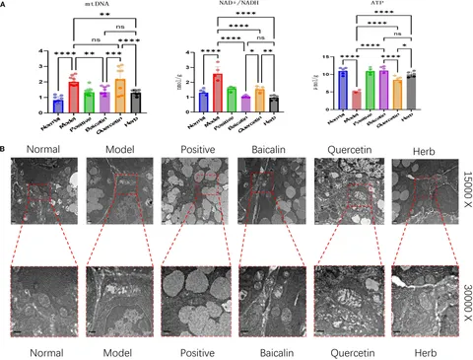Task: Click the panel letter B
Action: pos(6,150)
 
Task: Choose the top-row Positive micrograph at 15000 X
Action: pos(186,201)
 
